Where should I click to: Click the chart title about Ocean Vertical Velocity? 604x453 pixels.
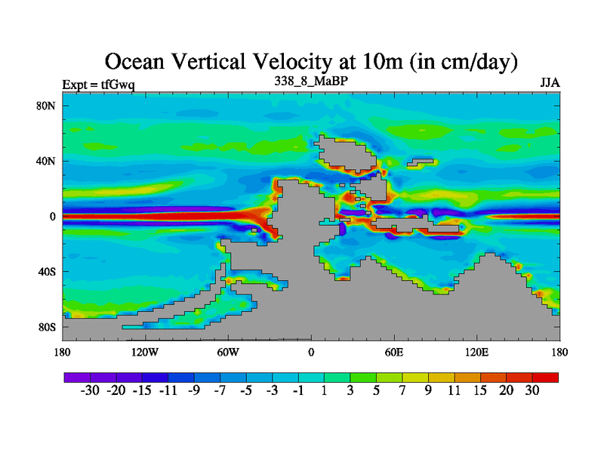point(310,61)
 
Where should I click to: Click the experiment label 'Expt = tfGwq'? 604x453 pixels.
point(97,84)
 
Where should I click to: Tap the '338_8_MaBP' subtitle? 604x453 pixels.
point(310,79)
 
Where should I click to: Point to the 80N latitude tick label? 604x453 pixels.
point(47,106)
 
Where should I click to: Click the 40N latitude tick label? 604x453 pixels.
point(47,161)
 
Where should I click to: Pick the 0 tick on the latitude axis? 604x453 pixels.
point(53,217)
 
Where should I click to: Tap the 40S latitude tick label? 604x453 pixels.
point(47,272)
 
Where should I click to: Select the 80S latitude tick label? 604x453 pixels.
point(47,327)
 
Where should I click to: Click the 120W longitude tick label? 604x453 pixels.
point(144,353)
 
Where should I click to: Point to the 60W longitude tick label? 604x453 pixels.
point(228,353)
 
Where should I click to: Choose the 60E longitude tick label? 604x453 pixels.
point(394,353)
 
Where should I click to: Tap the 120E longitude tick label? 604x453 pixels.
point(477,353)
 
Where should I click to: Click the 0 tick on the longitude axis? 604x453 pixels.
point(311,353)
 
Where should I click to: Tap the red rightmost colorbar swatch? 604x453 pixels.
point(546,376)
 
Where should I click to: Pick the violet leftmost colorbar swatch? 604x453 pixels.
point(77,376)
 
